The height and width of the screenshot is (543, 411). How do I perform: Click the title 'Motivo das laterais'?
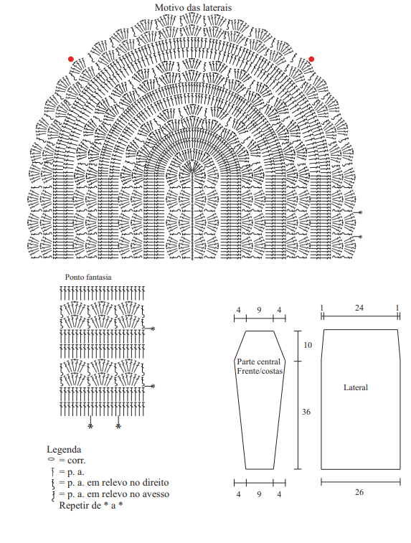tap(193, 8)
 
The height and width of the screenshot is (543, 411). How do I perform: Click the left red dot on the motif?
tap(71, 59)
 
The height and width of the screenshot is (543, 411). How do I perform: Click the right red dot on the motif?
tap(311, 59)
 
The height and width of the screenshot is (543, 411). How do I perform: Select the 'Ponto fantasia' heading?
tap(88, 277)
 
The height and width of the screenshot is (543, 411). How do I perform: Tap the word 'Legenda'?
tap(64, 450)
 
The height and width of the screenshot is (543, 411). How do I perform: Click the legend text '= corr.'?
tap(72, 461)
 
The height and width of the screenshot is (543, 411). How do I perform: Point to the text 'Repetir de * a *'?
tap(91, 505)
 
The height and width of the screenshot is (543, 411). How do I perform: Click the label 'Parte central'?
tap(259, 362)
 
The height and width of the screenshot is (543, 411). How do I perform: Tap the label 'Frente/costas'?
tap(260, 371)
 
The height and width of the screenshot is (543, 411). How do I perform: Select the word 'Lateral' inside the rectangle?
tap(356, 387)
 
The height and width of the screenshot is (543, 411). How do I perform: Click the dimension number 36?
tap(306, 412)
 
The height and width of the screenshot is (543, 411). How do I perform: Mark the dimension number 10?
tap(308, 345)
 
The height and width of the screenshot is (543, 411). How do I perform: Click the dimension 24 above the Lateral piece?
tap(359, 308)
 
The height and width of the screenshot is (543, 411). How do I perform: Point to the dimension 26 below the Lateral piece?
tap(359, 492)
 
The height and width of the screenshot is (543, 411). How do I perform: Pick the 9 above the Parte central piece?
tap(259, 310)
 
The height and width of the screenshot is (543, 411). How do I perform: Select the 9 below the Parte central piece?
tap(259, 494)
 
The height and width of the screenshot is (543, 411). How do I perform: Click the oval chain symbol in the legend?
tap(51, 459)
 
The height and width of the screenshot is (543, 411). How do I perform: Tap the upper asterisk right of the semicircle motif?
tap(361, 212)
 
